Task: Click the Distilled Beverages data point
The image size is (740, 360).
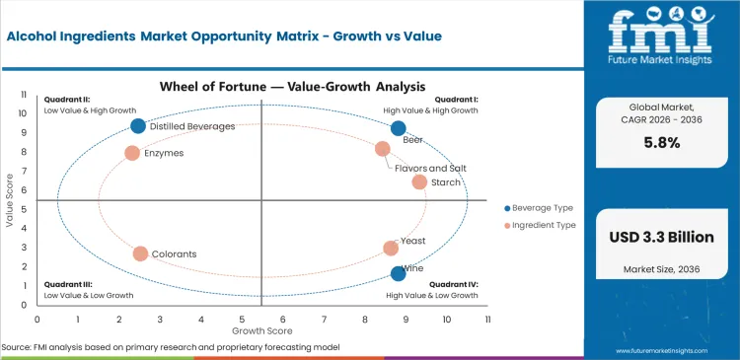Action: tap(138, 126)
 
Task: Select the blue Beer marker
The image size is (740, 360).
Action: tap(399, 128)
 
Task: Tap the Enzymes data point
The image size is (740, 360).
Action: tap(132, 153)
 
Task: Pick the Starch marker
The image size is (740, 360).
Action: tap(419, 181)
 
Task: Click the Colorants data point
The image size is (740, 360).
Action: tap(140, 253)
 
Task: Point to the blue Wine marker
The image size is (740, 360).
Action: tap(399, 274)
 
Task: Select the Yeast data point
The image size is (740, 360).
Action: tap(391, 249)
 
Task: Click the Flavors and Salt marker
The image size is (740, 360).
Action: tap(383, 149)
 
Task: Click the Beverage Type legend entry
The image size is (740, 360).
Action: tap(541, 208)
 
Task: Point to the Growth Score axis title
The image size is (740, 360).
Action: tap(260, 330)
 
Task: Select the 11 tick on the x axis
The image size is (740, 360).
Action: tap(487, 320)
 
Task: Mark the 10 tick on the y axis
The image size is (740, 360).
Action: tap(25, 112)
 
